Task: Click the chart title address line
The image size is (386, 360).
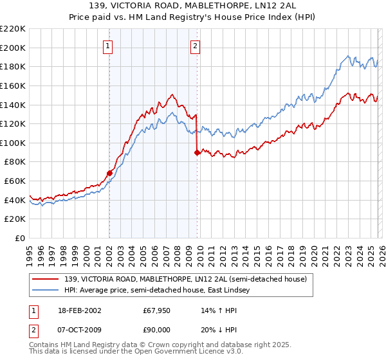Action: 192,6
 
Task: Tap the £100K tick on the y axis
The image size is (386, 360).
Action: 14,143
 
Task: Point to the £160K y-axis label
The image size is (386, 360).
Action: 14,85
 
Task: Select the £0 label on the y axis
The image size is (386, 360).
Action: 19,239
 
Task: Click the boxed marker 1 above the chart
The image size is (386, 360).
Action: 107,46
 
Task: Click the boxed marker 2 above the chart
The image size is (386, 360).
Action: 195,46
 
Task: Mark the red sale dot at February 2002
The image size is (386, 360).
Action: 110,173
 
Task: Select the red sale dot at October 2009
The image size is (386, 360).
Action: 197,152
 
